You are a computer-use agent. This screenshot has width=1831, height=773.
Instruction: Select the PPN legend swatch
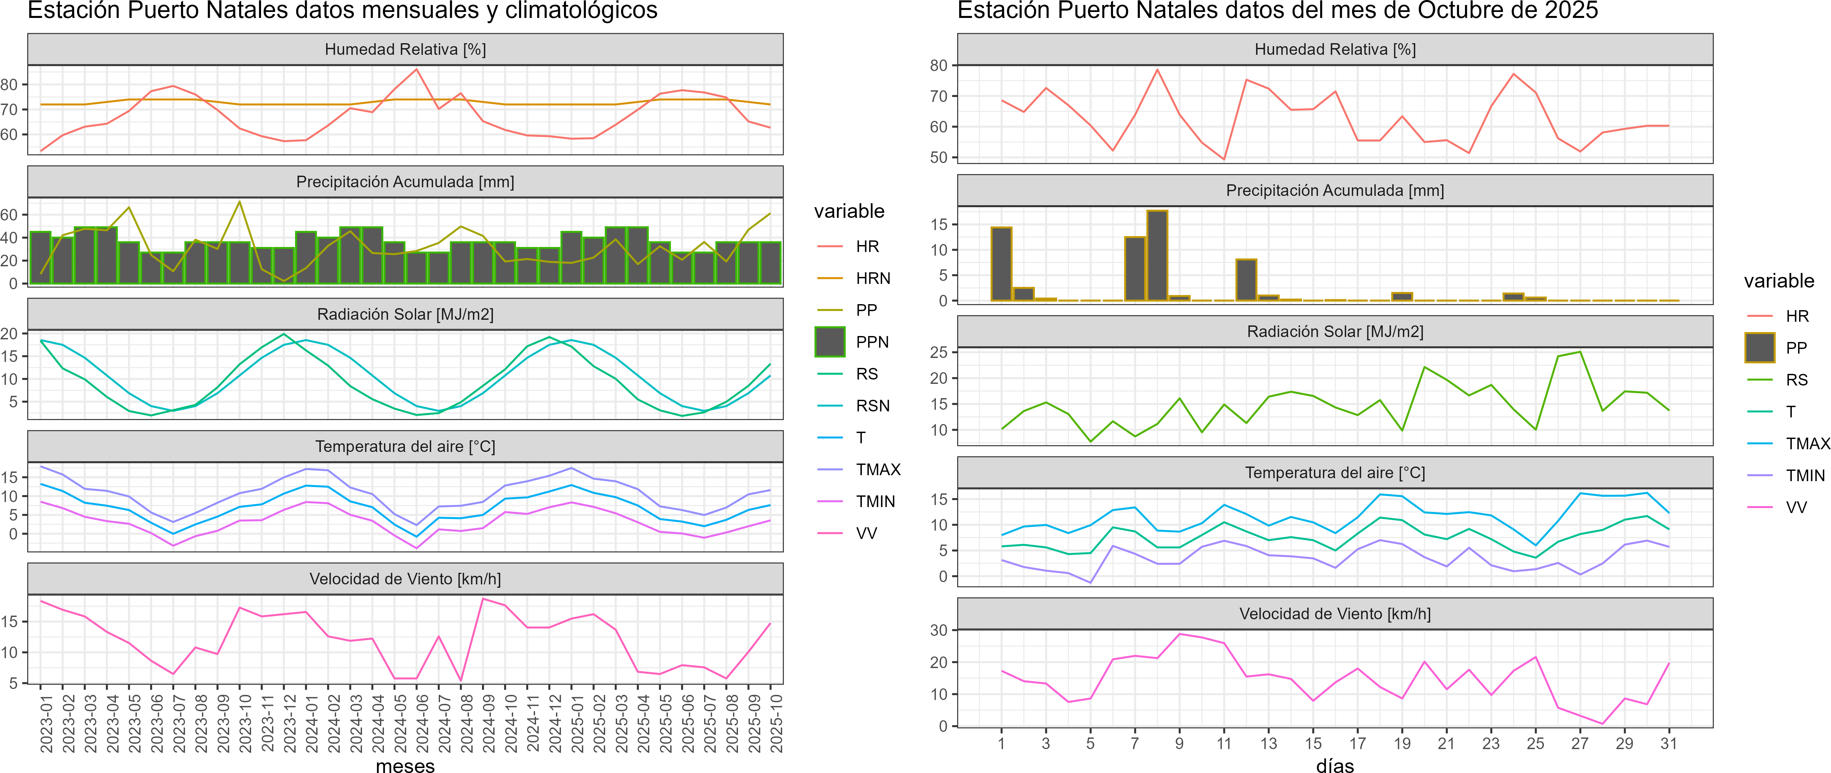click(830, 342)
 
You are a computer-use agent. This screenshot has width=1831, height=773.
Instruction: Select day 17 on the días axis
click(1358, 743)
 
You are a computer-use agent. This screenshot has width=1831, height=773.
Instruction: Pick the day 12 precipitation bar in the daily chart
click(1246, 280)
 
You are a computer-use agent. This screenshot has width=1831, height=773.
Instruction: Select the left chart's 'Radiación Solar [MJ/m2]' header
click(405, 314)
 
